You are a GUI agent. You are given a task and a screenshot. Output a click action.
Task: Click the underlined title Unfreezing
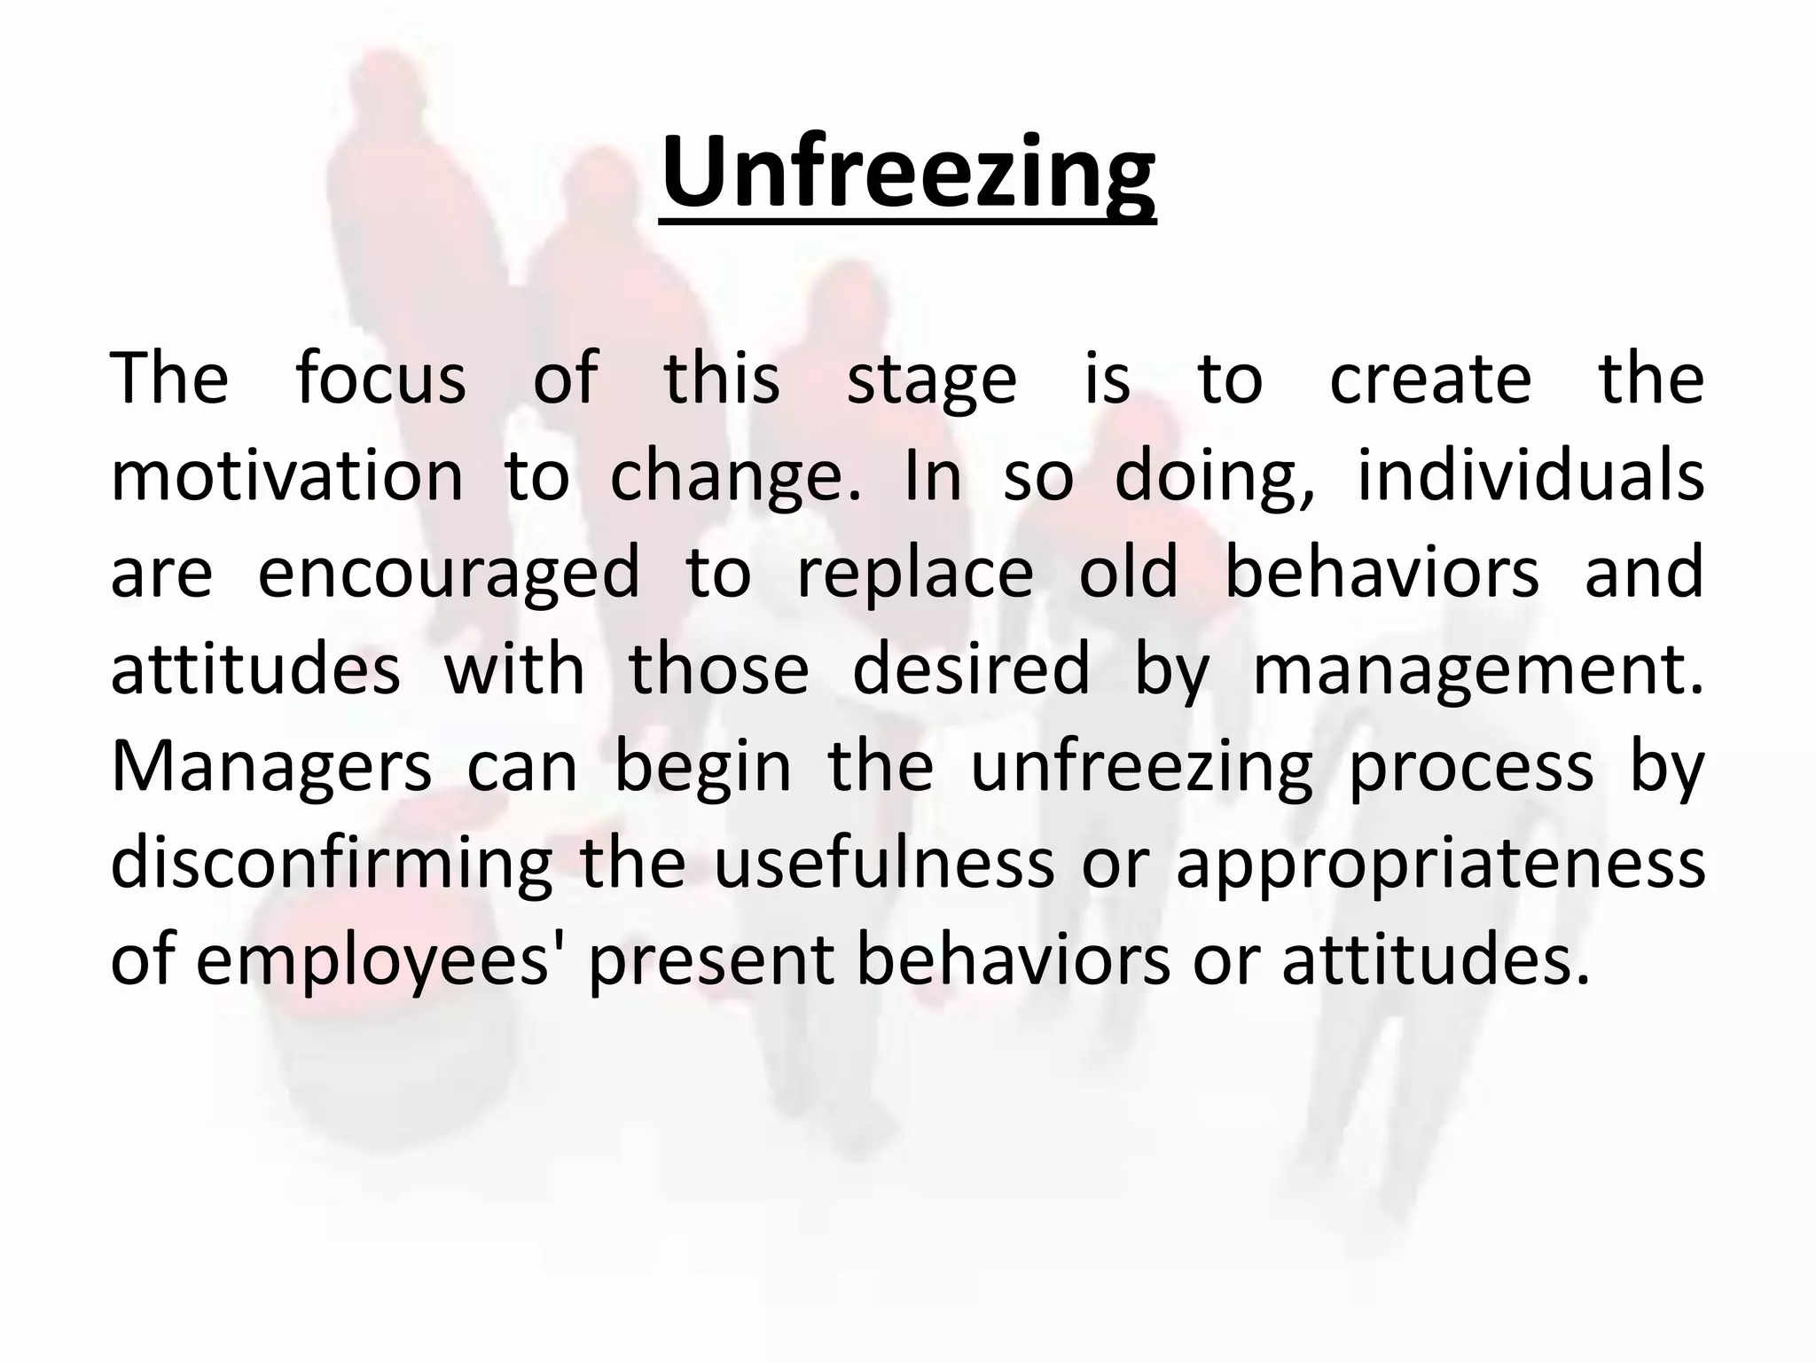(908, 173)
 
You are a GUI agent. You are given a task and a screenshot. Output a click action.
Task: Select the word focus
(380, 379)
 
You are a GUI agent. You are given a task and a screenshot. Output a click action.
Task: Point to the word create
(1430, 379)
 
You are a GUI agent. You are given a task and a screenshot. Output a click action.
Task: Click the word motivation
(286, 476)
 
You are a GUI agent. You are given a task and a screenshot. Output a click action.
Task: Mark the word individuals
(1530, 476)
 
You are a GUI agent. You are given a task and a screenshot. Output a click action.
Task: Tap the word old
(1128, 572)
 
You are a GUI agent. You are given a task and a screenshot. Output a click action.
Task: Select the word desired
(971, 669)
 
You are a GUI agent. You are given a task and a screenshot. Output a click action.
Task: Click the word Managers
(271, 768)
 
